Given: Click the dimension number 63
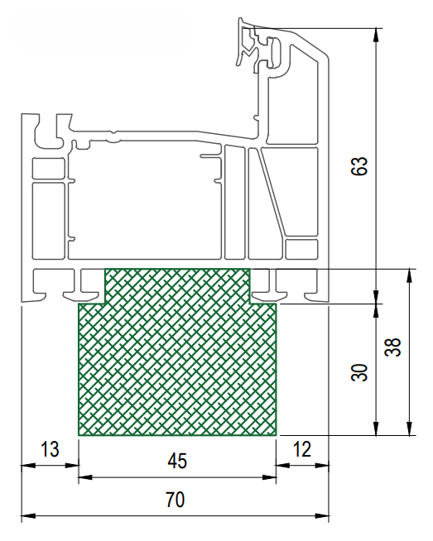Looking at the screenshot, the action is click(359, 166).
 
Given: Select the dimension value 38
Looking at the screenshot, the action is click(393, 347).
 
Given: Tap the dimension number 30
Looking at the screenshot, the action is click(359, 372).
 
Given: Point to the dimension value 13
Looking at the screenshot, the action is click(50, 449).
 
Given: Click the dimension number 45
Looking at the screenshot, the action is click(177, 461).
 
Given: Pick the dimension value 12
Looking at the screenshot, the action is click(302, 449).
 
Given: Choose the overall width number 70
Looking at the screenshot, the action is click(176, 500).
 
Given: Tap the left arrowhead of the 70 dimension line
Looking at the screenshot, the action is click(28, 516).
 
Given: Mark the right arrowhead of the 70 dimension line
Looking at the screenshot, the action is click(321, 516).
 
